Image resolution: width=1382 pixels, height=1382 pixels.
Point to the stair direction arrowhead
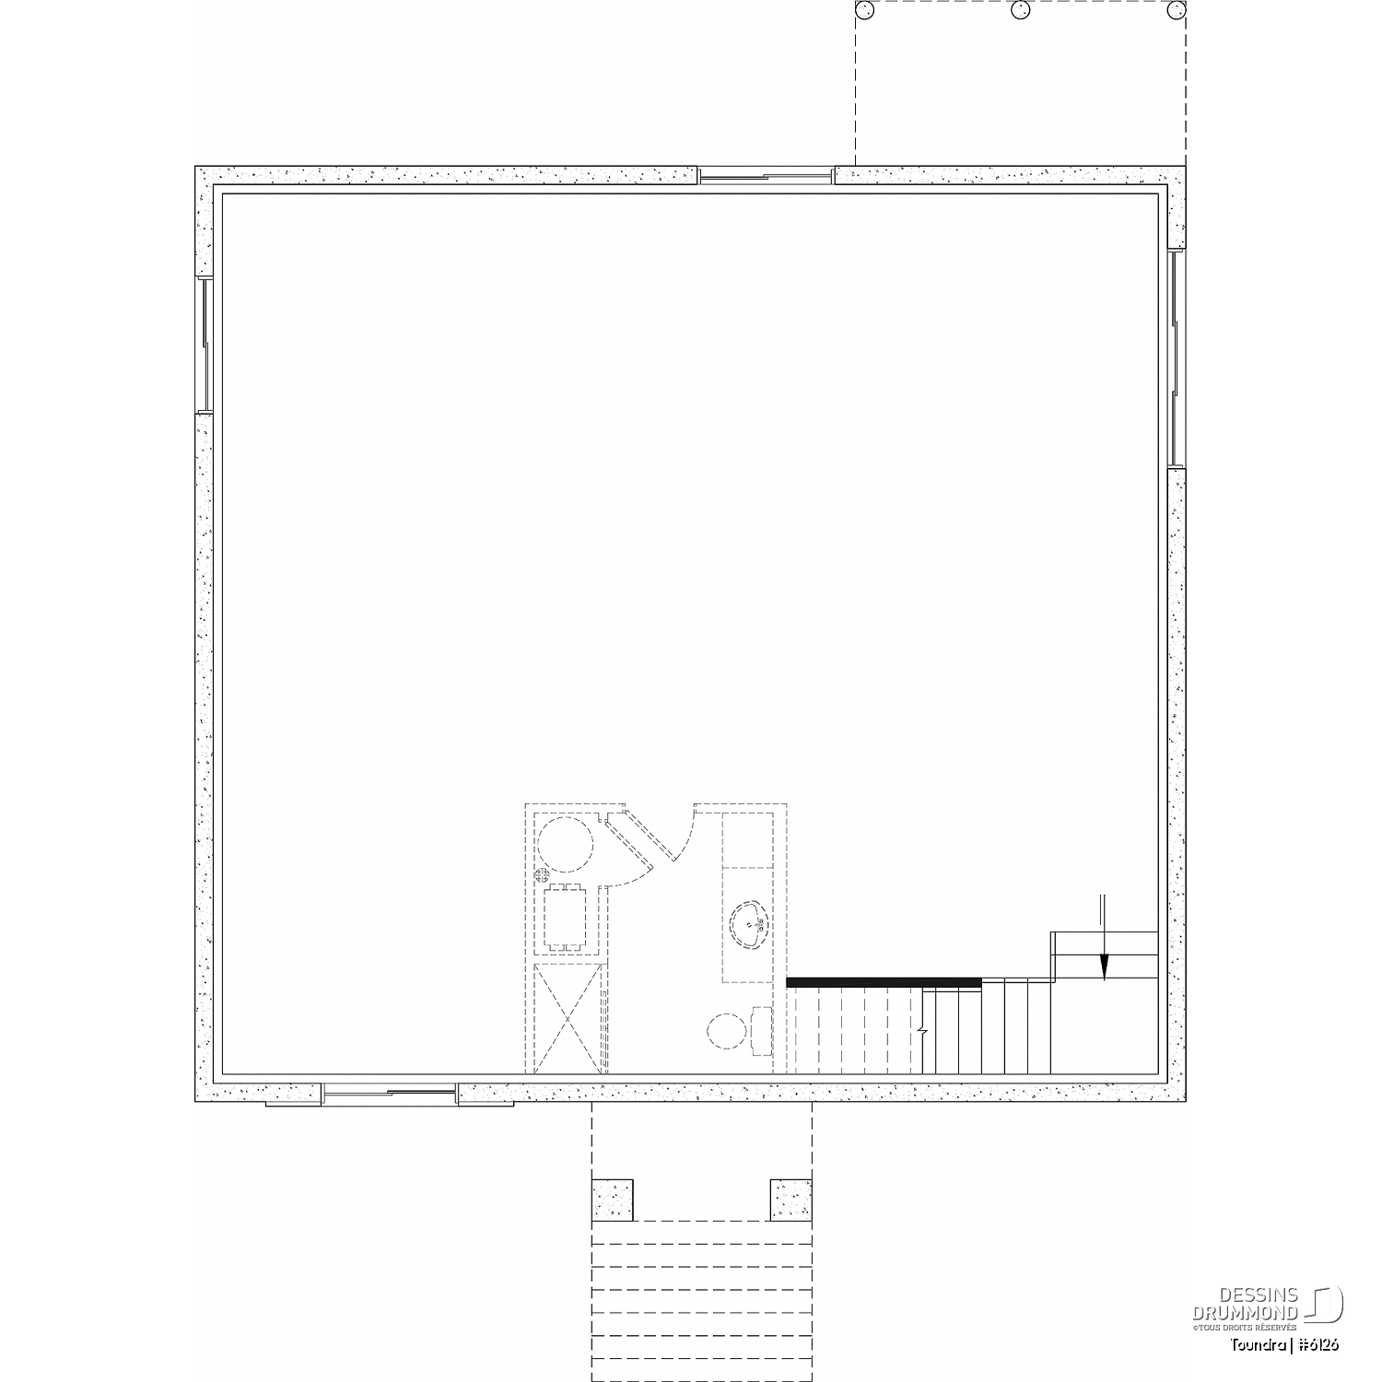coord(1104,967)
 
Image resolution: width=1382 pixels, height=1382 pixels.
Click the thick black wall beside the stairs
coord(884,982)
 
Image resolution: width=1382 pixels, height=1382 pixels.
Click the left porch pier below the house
coord(612,1199)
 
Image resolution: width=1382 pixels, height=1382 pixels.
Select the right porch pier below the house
coord(791,1199)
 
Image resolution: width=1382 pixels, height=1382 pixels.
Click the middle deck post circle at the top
coord(1018,10)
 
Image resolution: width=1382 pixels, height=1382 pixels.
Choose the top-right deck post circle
coord(1176,10)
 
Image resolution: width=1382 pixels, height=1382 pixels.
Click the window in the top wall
coord(766,175)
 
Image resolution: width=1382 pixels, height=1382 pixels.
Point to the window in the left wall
coord(205,345)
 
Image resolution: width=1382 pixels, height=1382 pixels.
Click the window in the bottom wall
coord(390,1095)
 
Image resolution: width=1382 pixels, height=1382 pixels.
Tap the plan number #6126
coord(1320,1344)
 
